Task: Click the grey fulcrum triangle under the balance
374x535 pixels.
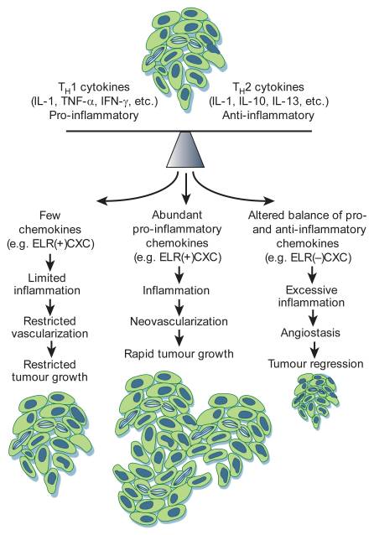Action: click(185, 149)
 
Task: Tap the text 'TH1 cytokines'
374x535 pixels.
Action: click(94, 87)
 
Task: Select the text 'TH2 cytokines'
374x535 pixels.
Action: click(268, 87)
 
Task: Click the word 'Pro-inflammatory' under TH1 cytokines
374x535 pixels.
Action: click(94, 116)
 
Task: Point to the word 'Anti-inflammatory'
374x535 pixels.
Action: click(268, 116)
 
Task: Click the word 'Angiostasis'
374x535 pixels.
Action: click(310, 333)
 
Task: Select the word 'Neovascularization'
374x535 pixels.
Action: click(179, 321)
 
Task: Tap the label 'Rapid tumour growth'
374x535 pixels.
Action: click(179, 354)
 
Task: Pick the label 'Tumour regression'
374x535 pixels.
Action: click(315, 364)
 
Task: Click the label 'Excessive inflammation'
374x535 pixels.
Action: click(311, 296)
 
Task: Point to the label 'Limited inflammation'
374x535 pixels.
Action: click(47, 284)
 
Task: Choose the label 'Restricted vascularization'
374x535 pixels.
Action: click(49, 327)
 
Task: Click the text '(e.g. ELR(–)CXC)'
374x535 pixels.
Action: click(308, 257)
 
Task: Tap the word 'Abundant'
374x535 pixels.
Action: click(177, 215)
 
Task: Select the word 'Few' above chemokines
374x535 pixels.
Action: click(49, 216)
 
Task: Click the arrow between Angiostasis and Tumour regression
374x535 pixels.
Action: click(314, 348)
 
